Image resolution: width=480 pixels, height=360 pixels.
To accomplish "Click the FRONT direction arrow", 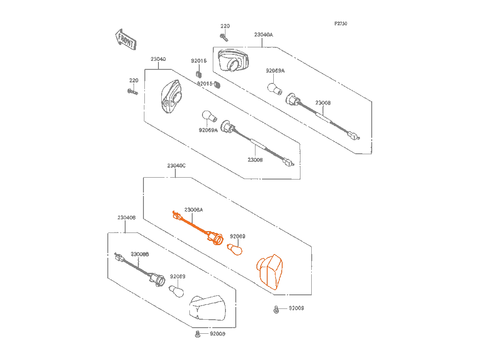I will [x=125, y=40].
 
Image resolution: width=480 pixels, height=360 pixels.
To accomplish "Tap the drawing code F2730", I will [x=341, y=23].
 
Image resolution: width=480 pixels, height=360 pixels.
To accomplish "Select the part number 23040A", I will [x=263, y=35].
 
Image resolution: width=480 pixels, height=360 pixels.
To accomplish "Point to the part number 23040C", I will [x=176, y=166].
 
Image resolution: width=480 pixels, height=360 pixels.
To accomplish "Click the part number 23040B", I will [x=127, y=218].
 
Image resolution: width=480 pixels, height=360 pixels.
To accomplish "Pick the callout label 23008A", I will [x=194, y=210].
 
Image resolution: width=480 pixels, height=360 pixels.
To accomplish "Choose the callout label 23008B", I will [x=140, y=254].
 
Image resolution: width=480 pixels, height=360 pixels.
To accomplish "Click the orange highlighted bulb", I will [x=235, y=249].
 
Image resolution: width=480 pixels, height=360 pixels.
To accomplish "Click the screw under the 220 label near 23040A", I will [x=224, y=37].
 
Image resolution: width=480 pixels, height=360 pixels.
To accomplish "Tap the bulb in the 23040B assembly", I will [x=175, y=291].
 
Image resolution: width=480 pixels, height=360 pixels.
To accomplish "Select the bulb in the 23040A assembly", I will [x=274, y=88].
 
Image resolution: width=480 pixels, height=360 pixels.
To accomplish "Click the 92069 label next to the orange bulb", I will [x=238, y=237].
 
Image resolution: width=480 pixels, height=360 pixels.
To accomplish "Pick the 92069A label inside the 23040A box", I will [x=275, y=71].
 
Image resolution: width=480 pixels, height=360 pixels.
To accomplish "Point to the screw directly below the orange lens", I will [x=277, y=309].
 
